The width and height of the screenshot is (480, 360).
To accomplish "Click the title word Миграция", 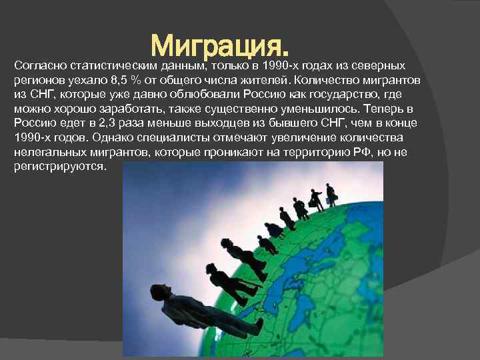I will click(x=221, y=45).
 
